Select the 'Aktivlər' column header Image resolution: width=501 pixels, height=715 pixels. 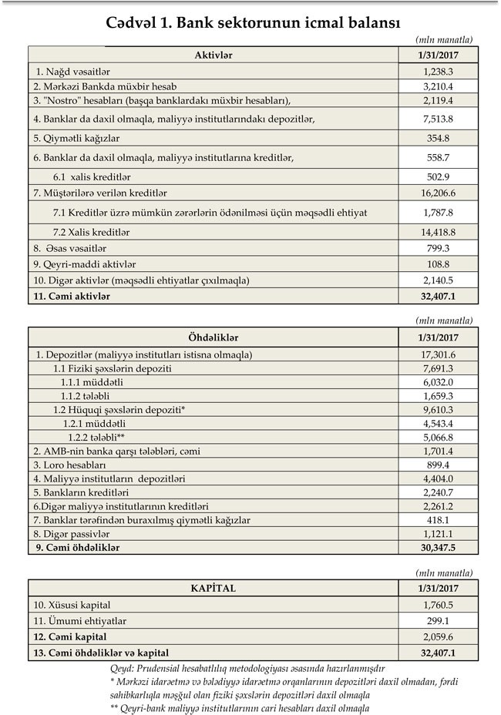coord(214,55)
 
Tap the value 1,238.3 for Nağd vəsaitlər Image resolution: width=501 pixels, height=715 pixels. coord(439,71)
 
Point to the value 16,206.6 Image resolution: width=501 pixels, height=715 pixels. coord(439,193)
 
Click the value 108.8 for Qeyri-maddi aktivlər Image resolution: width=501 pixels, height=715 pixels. coord(439,264)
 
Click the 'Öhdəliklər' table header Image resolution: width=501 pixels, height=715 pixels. coord(214,337)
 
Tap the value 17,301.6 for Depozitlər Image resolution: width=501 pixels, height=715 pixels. coord(439,354)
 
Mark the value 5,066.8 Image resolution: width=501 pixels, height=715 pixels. coord(439,437)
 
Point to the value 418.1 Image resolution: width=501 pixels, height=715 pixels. coord(439,520)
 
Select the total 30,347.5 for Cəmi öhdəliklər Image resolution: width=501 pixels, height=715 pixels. coord(439,548)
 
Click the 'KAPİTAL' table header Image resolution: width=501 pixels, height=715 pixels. coord(214,588)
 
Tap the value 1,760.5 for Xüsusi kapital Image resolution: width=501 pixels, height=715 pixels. coord(439,605)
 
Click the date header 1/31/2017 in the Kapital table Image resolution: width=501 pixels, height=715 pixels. coord(439,588)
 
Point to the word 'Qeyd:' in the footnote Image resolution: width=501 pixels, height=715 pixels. coord(125,669)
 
